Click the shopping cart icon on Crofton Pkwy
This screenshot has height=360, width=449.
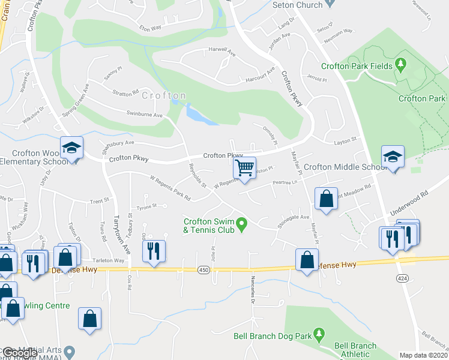(x=244, y=167)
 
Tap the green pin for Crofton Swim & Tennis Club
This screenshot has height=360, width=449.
(x=242, y=226)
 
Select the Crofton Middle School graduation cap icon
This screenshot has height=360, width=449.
(x=393, y=157)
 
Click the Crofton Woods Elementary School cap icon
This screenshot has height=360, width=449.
(x=71, y=148)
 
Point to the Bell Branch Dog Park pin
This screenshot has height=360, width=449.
(x=319, y=332)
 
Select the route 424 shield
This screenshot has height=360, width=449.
(x=400, y=278)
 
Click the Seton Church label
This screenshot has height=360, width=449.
(x=297, y=5)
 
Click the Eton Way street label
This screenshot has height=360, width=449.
(x=151, y=28)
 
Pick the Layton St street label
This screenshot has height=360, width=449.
(x=345, y=139)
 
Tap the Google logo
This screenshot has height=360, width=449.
(x=20, y=353)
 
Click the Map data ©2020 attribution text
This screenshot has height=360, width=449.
(x=423, y=355)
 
